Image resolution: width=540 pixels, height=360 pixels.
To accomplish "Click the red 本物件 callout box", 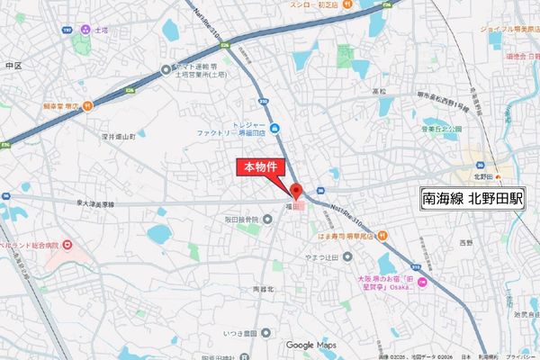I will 261,167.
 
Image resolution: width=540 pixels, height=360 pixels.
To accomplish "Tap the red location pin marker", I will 295,190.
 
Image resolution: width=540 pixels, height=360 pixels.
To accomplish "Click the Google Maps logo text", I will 310,345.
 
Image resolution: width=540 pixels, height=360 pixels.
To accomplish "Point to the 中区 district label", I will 12,66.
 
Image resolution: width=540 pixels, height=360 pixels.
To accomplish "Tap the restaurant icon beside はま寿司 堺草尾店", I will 381,236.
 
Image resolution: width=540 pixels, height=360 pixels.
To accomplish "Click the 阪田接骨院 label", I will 240,220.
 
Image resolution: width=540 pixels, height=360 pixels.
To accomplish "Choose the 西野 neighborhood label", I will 465,243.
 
